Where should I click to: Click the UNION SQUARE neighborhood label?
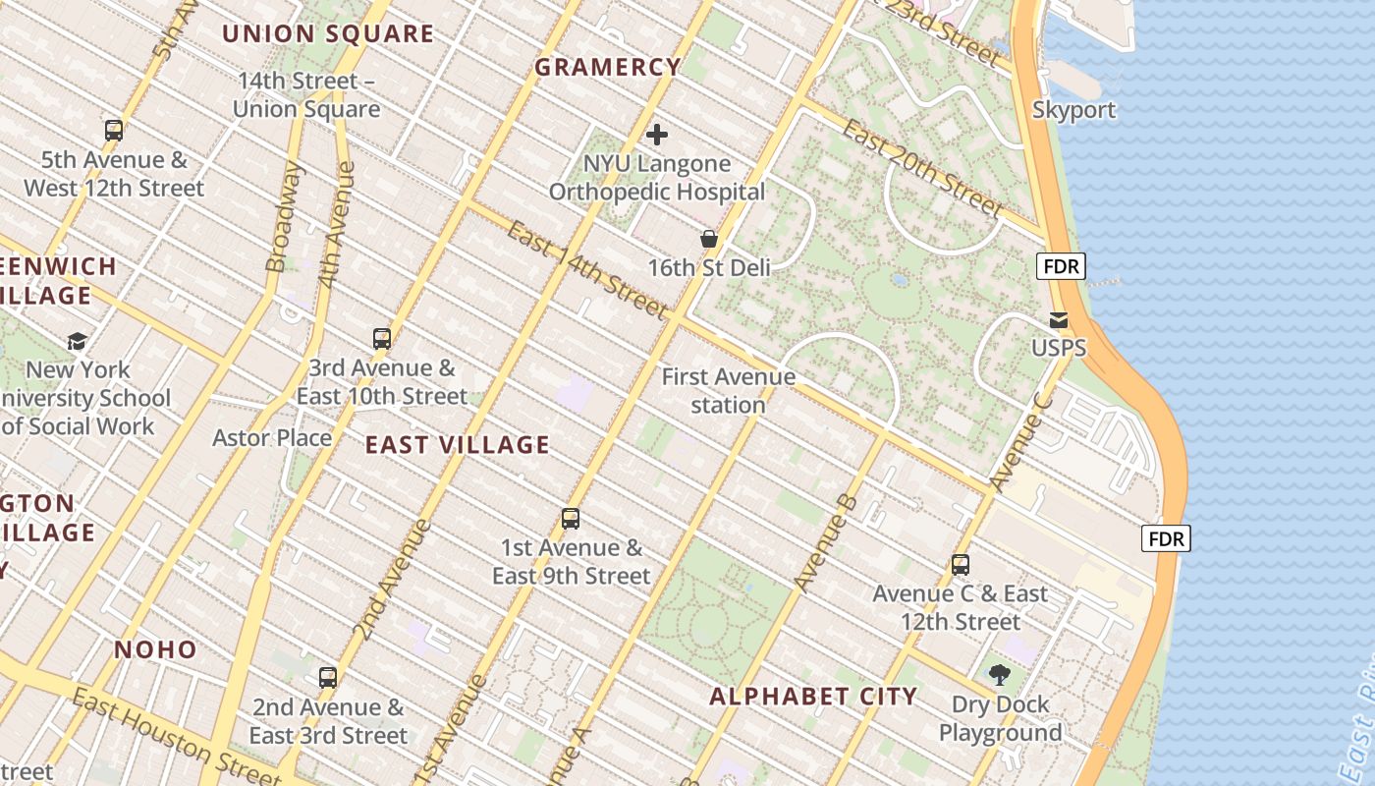(x=327, y=33)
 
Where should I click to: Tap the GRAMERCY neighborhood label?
(x=607, y=67)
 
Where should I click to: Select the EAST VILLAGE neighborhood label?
(x=457, y=444)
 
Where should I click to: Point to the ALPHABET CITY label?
(x=813, y=697)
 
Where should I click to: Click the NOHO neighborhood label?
(x=155, y=649)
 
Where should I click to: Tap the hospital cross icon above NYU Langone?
(x=657, y=134)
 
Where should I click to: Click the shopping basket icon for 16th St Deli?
(x=708, y=238)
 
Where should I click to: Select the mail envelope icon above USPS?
(x=1059, y=319)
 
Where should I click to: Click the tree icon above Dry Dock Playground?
(x=1000, y=675)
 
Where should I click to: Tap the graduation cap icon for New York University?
(x=77, y=341)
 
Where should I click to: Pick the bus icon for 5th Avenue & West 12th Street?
(x=114, y=130)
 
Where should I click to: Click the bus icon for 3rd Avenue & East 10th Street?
(x=382, y=339)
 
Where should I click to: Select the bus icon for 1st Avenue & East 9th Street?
(x=571, y=519)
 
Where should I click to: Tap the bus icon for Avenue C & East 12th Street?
(x=961, y=565)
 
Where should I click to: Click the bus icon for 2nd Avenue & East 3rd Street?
(x=328, y=677)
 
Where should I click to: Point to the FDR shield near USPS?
(x=1061, y=266)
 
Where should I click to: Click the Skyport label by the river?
(x=1073, y=110)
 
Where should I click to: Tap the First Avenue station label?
(x=728, y=390)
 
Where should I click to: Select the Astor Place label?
(x=272, y=437)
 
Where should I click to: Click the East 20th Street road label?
(x=922, y=168)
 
